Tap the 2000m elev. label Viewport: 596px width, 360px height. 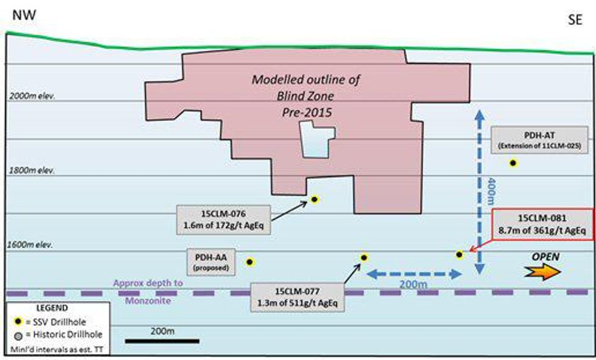point(33,96)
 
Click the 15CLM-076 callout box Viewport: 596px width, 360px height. point(223,219)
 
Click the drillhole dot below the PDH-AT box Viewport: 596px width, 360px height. point(513,162)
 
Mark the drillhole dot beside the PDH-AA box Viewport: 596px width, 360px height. point(249,261)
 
